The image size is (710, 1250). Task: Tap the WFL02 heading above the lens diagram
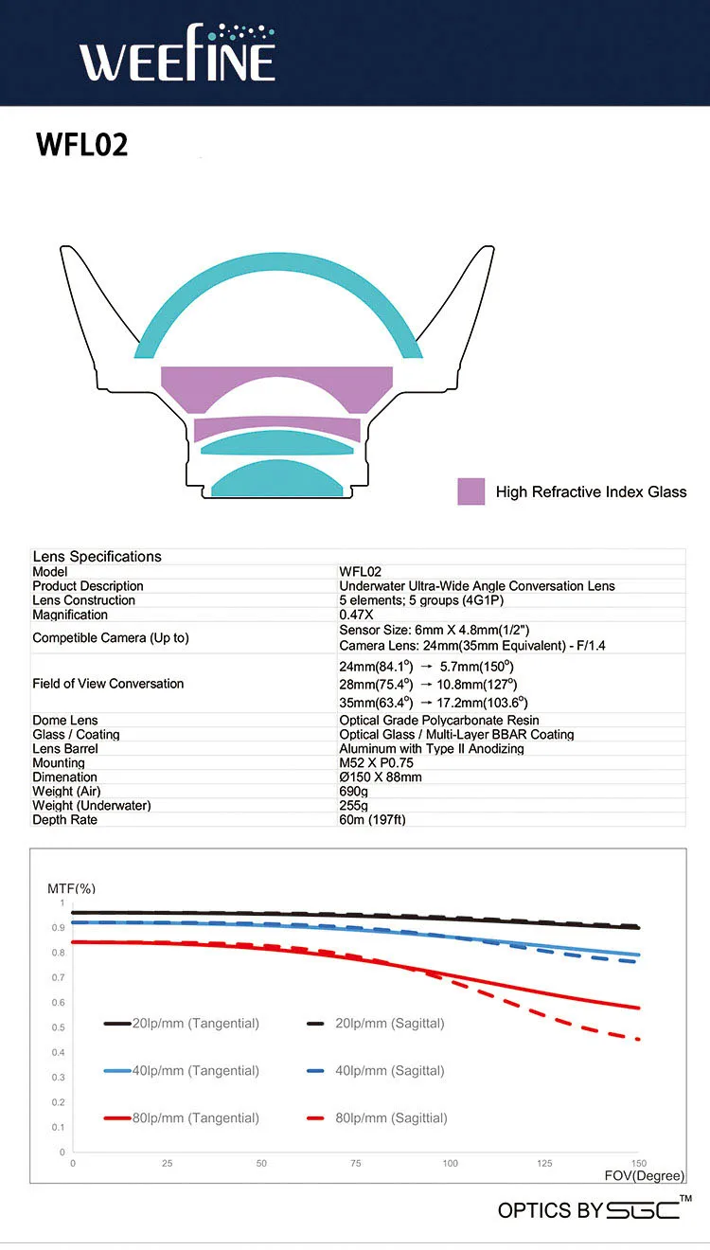click(82, 145)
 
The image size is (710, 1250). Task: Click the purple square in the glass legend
click(470, 491)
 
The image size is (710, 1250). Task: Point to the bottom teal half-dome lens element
click(276, 479)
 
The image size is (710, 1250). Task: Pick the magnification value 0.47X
click(356, 615)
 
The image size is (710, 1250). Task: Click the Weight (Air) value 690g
click(354, 792)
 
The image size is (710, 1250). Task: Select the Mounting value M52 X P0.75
click(376, 762)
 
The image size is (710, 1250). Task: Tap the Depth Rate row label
click(64, 820)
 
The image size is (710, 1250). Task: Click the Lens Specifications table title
click(98, 557)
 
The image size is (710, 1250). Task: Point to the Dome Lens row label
click(64, 720)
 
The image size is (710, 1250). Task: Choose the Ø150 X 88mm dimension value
click(381, 777)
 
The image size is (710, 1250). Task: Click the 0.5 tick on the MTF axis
click(58, 1027)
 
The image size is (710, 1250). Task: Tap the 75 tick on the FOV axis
click(356, 1164)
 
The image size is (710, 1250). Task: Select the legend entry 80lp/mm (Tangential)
click(181, 1117)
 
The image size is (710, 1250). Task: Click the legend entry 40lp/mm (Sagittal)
click(376, 1070)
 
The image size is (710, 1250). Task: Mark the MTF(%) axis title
click(71, 888)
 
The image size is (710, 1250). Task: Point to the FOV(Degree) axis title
click(644, 1176)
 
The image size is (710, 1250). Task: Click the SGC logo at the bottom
click(643, 1210)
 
